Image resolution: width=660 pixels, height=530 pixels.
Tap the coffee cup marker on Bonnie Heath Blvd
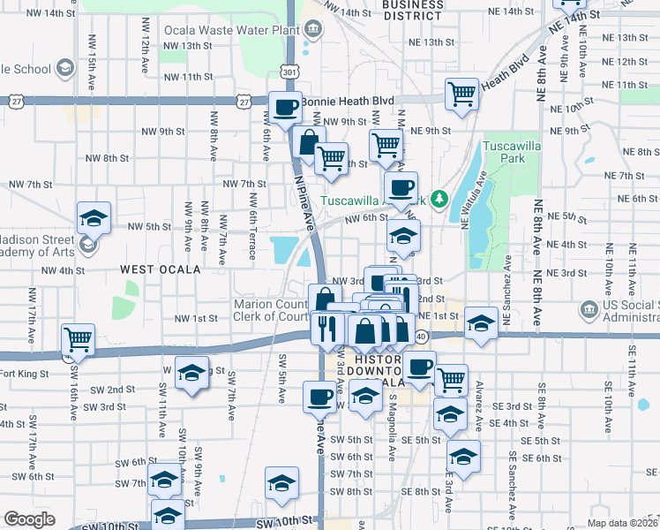coord(284,108)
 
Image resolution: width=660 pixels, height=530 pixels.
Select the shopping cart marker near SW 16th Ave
coord(79,338)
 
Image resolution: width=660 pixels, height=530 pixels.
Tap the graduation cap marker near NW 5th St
coord(93,218)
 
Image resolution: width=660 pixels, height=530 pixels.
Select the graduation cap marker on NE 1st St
coord(482,322)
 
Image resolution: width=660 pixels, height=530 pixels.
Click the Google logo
coord(29,519)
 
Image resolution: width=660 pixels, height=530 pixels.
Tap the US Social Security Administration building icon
coord(588,309)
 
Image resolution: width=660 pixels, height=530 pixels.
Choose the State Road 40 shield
coord(421,336)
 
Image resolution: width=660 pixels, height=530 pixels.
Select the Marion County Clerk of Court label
coord(271,311)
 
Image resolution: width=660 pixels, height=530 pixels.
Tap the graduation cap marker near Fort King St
coord(191,373)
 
